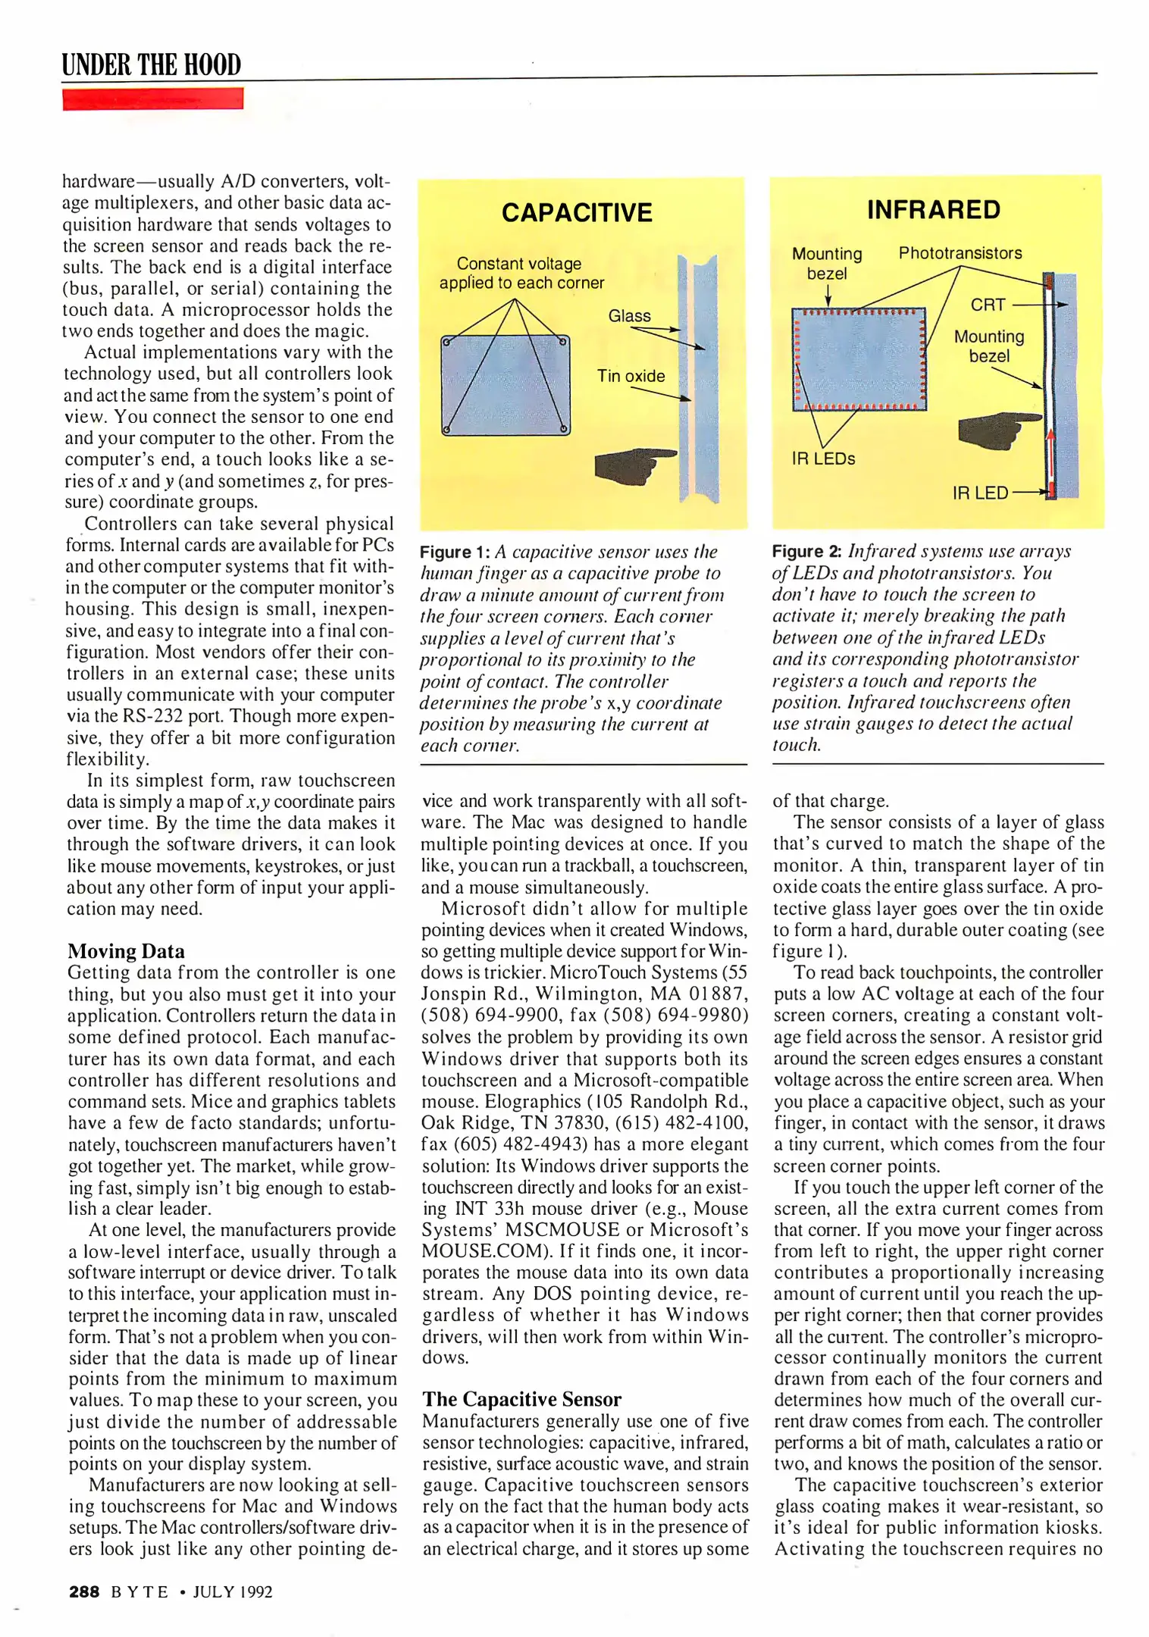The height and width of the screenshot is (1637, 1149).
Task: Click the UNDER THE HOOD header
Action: pos(152,64)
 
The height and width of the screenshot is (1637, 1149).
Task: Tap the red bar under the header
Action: pos(152,99)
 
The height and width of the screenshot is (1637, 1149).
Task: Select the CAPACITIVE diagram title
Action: pos(577,212)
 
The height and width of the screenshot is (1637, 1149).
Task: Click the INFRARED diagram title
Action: pos(934,209)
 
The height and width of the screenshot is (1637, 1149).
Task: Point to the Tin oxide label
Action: pos(631,376)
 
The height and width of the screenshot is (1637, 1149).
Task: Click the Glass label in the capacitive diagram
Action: pos(629,315)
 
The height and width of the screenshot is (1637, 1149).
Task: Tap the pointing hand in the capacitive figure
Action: pos(633,464)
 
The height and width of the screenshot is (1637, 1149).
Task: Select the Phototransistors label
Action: pos(960,253)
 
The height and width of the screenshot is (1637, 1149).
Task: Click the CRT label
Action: pos(988,305)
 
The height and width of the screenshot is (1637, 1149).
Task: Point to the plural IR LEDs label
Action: pos(823,459)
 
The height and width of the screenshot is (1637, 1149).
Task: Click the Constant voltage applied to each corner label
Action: pos(521,273)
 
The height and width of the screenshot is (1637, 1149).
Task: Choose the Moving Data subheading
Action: pos(126,951)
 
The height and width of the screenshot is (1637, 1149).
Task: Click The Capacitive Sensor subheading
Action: pos(521,1399)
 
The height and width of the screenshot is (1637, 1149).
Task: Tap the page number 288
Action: pos(84,1592)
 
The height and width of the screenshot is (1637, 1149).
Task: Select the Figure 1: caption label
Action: pos(455,552)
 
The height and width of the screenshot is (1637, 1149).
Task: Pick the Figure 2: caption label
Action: pos(807,551)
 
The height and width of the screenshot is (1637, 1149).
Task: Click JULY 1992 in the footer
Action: pos(233,1592)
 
